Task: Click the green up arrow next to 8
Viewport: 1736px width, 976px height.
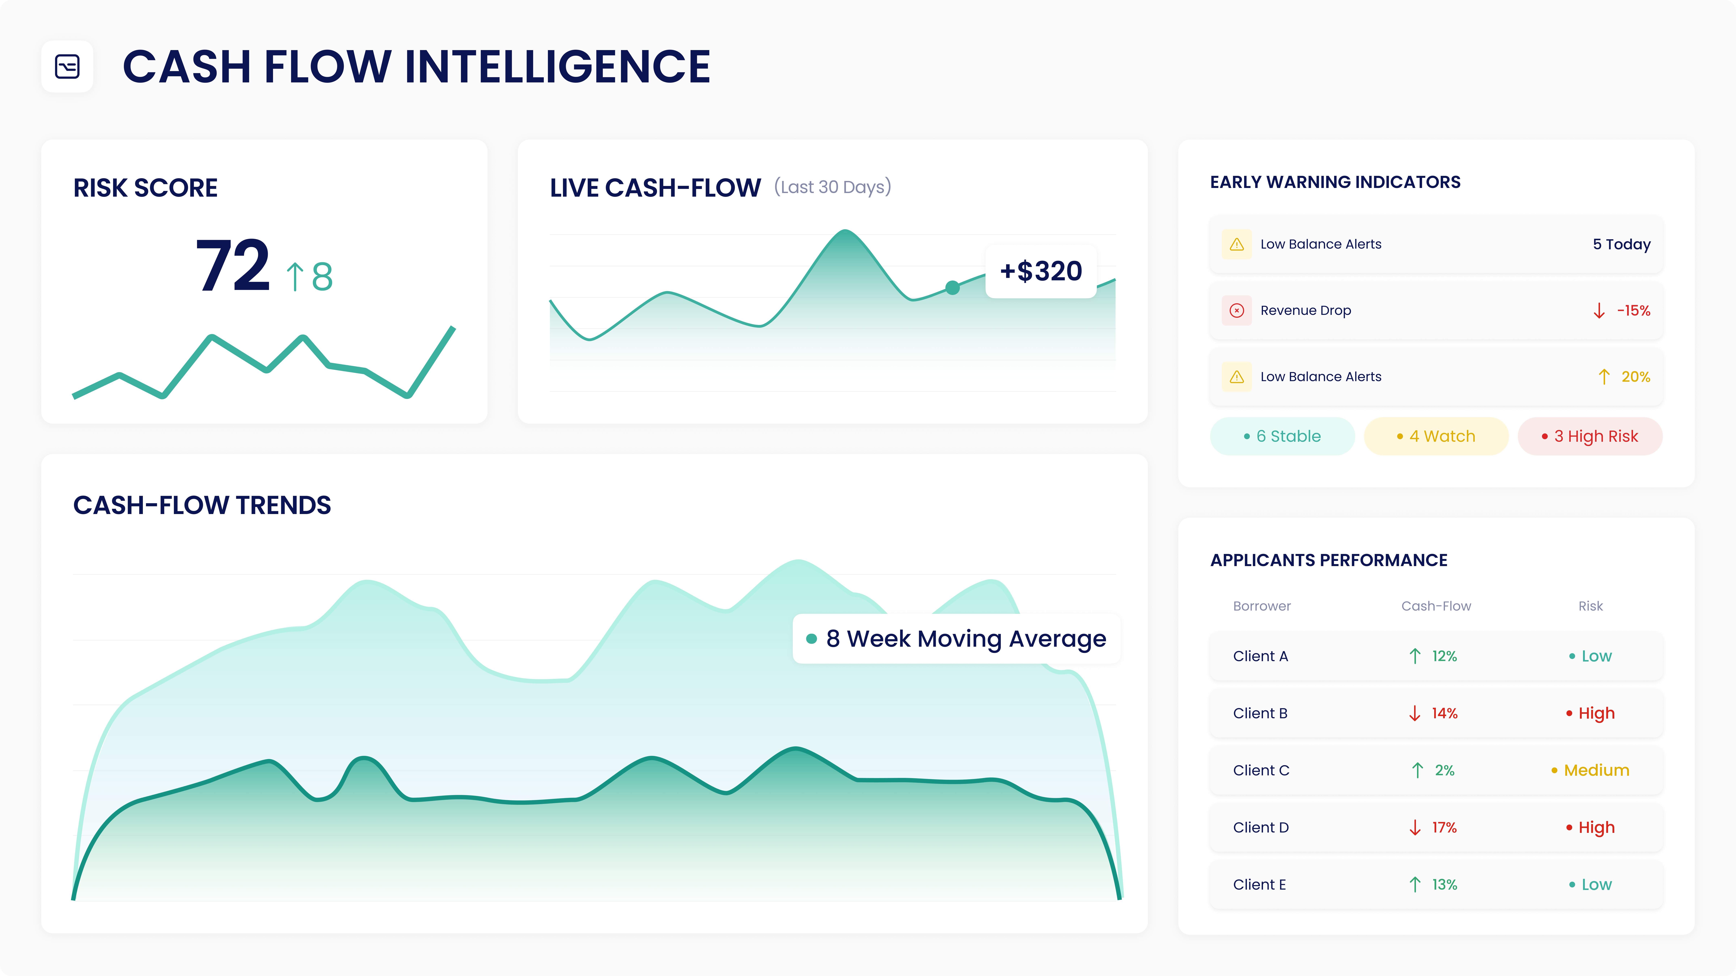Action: pos(295,276)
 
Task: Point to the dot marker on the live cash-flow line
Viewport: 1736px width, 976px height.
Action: pos(952,288)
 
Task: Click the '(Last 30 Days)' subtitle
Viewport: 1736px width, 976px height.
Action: pos(832,187)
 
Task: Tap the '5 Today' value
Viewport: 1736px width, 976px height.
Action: pos(1621,244)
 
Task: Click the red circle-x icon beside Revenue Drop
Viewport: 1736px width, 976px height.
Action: pos(1237,311)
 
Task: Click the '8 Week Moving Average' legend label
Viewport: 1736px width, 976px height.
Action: pos(965,639)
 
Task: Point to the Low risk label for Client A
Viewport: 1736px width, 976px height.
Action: pos(1596,656)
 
